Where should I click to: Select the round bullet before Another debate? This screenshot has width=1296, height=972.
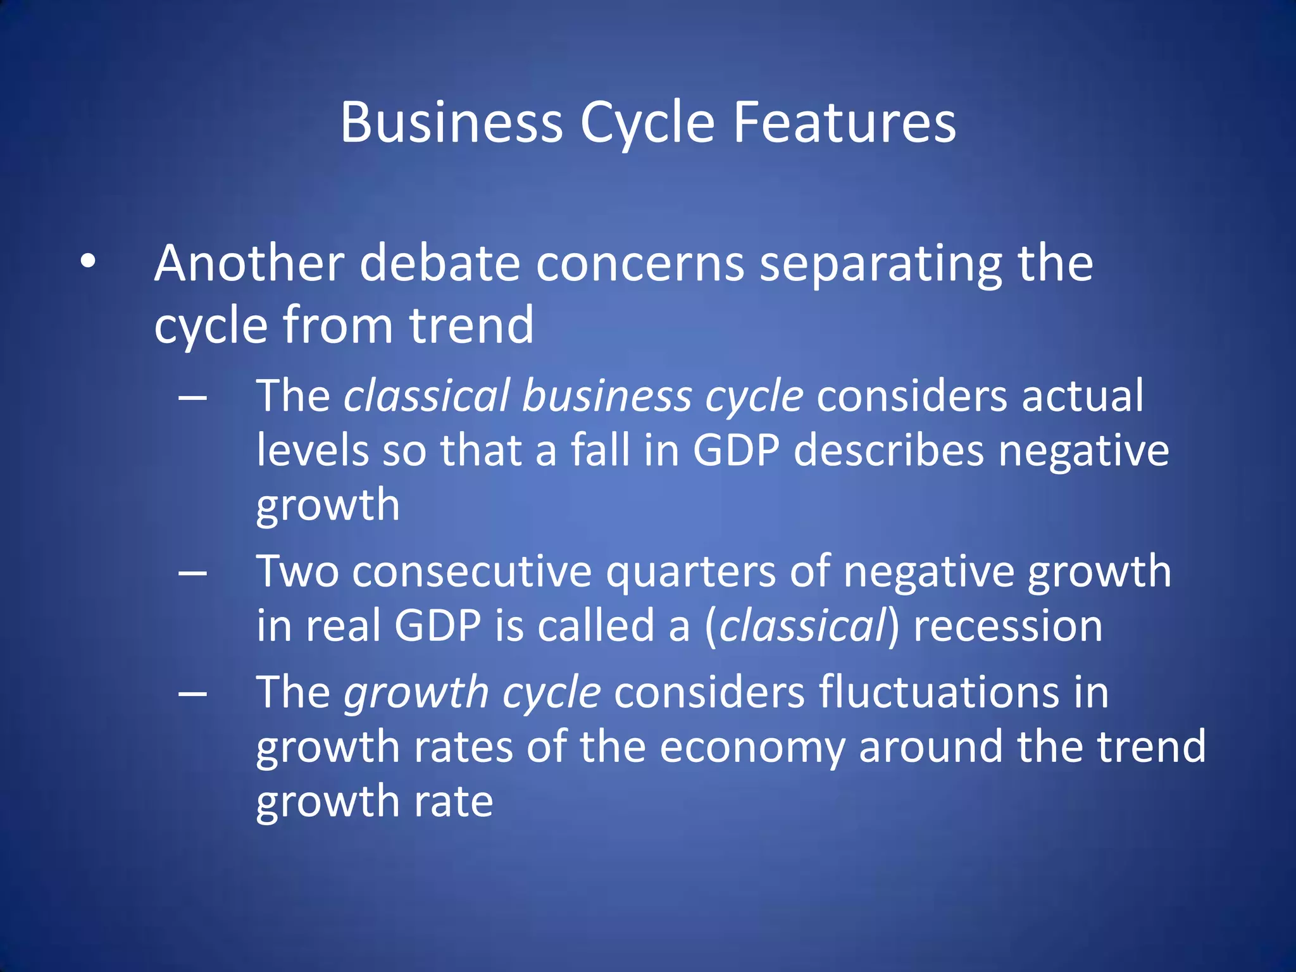(88, 261)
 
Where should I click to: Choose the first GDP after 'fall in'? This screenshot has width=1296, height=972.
(736, 451)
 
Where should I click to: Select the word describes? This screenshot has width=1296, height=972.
(888, 451)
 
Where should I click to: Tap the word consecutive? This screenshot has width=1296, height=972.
(471, 571)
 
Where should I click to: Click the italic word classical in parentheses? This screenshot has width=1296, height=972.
(801, 626)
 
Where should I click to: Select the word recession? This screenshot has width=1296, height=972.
(1007, 626)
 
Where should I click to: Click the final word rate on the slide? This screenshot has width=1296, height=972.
(453, 801)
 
